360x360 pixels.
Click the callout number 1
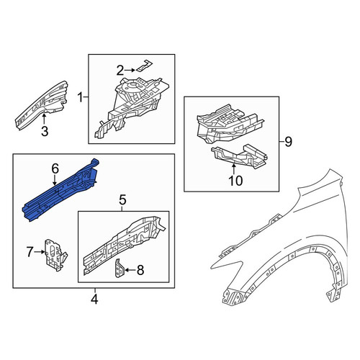[x=80, y=98]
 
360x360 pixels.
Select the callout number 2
[x=120, y=70]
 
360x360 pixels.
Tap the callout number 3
[x=45, y=132]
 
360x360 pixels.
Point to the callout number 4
[x=94, y=299]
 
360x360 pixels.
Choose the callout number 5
[x=122, y=200]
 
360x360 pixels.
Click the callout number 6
[x=55, y=169]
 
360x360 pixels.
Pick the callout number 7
[x=30, y=252]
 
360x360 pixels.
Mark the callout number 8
[x=140, y=270]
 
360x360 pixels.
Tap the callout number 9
[x=288, y=142]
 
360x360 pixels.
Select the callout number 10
[x=235, y=181]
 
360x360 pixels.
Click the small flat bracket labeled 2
[x=145, y=66]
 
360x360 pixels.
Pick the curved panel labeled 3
[x=42, y=106]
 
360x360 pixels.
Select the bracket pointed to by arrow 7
[x=55, y=255]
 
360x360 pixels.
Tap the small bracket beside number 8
[x=120, y=269]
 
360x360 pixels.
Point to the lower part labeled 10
[x=240, y=156]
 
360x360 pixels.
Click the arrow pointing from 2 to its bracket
[x=130, y=70]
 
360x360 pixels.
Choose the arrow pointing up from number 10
[x=234, y=168]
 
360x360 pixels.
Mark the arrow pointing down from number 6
[x=55, y=180]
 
